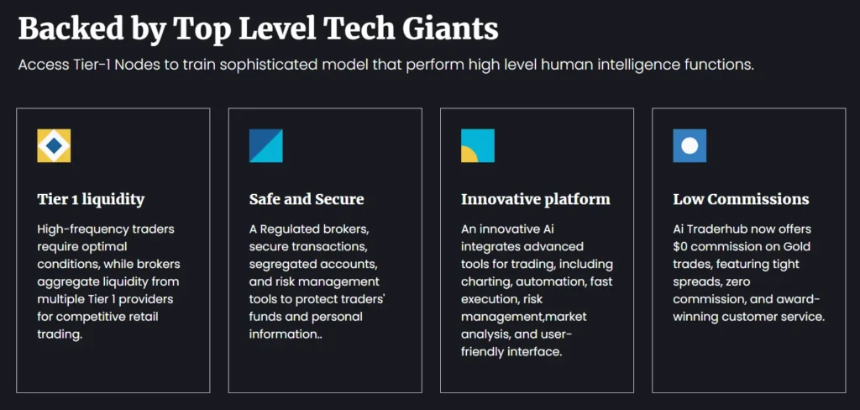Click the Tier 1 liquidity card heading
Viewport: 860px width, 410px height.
pyautogui.click(x=91, y=199)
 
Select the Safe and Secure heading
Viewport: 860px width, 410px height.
pyautogui.click(x=307, y=199)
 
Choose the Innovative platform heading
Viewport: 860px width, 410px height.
pyautogui.click(x=535, y=199)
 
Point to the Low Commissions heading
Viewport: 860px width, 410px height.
pyautogui.click(x=741, y=199)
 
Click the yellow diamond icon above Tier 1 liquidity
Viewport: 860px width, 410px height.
pyautogui.click(x=54, y=145)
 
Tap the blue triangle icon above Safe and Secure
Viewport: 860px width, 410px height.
pyautogui.click(x=265, y=145)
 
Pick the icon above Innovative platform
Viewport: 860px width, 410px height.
pyautogui.click(x=477, y=145)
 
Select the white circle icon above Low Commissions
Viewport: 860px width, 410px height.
pyautogui.click(x=690, y=145)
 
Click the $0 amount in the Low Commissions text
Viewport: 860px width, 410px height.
pyautogui.click(x=682, y=246)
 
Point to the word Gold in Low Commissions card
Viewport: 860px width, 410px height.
pyautogui.click(x=794, y=246)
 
